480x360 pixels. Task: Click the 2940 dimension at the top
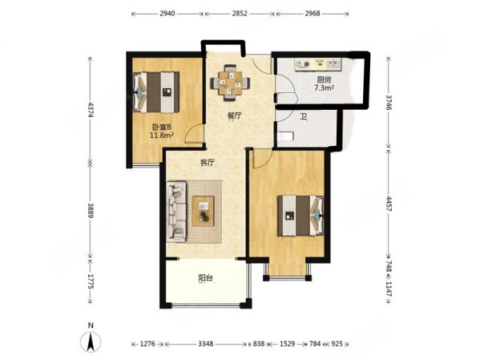click(167, 14)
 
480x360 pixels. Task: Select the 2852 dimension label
click(240, 14)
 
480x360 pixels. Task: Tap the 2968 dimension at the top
click(313, 14)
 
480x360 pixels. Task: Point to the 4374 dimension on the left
click(91, 110)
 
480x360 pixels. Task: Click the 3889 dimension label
click(91, 210)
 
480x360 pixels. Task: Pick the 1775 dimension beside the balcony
click(91, 281)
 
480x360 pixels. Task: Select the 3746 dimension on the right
click(388, 103)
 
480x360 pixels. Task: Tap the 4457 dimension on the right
click(388, 204)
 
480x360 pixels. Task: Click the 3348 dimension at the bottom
click(205, 344)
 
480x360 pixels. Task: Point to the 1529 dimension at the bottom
click(288, 344)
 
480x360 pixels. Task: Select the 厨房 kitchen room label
click(324, 80)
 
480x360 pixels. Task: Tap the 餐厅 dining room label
click(235, 115)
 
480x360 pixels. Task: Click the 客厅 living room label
click(208, 163)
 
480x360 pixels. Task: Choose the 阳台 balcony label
click(205, 278)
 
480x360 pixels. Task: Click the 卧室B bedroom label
click(162, 127)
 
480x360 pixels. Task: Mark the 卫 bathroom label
click(303, 117)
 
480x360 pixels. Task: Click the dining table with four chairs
click(230, 83)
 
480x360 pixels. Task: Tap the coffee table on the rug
click(203, 212)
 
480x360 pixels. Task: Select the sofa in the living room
click(176, 212)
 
